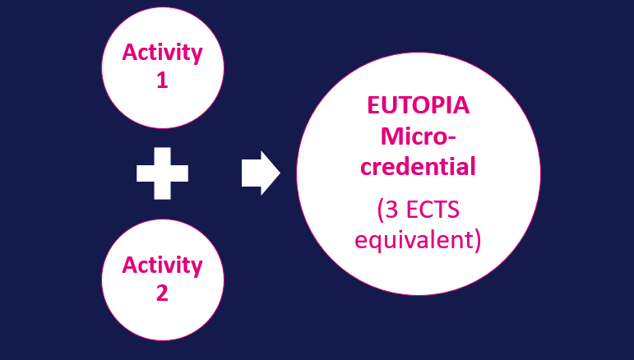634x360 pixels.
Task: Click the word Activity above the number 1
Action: pyautogui.click(x=162, y=53)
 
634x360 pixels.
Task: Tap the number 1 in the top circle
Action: pyautogui.click(x=162, y=81)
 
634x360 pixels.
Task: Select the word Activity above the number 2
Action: pyautogui.click(x=162, y=265)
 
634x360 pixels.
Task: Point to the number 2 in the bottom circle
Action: pyautogui.click(x=162, y=293)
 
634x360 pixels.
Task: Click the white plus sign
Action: pyautogui.click(x=162, y=173)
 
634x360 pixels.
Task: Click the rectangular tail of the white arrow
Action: pyautogui.click(x=250, y=173)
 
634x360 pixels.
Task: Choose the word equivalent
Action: pyautogui.click(x=416, y=241)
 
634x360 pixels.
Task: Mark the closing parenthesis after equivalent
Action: pyautogui.click(x=476, y=242)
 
